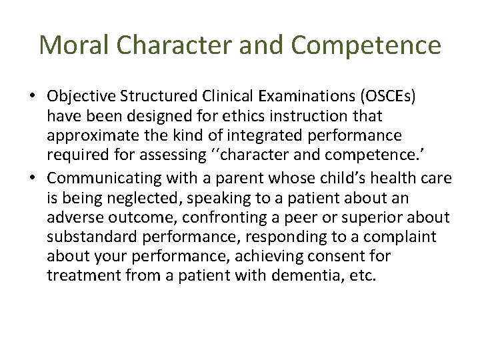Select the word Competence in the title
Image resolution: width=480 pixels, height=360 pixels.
click(x=366, y=45)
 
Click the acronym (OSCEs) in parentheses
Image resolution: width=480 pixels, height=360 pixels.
click(x=384, y=96)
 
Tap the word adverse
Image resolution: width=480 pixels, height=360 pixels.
click(x=72, y=218)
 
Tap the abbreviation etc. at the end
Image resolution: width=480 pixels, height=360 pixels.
click(x=363, y=275)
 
